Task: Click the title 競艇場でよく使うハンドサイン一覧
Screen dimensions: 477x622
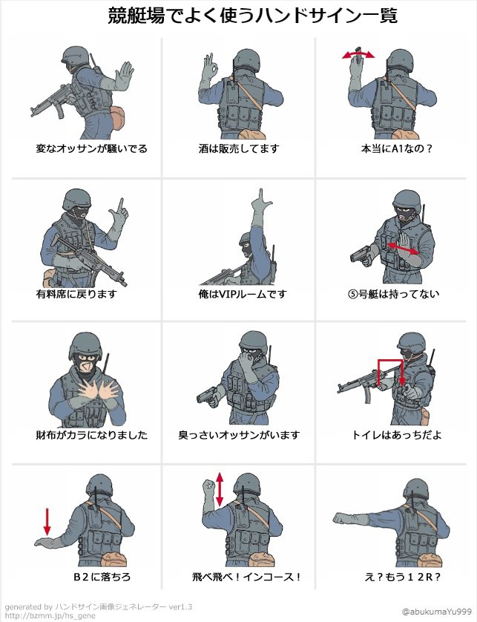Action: coord(252,16)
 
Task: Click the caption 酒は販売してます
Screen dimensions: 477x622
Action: coord(239,149)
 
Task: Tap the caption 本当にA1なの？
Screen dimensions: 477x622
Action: coord(396,149)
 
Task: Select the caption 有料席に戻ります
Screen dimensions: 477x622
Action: coord(76,295)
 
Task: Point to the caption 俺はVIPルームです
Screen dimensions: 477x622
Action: coord(243,295)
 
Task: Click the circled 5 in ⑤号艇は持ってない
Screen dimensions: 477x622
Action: coord(353,295)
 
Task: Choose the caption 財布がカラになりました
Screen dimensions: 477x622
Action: coord(91,435)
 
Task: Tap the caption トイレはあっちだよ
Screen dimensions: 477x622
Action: coord(396,435)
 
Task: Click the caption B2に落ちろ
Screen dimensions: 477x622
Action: coord(102,577)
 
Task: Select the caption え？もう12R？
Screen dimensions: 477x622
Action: coord(402,577)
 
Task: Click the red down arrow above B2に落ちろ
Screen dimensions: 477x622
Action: coord(47,522)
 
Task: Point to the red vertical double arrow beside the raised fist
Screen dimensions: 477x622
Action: coord(220,489)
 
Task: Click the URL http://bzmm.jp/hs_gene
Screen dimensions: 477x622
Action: coord(50,615)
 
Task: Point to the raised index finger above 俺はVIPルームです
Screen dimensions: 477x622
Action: coord(260,196)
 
